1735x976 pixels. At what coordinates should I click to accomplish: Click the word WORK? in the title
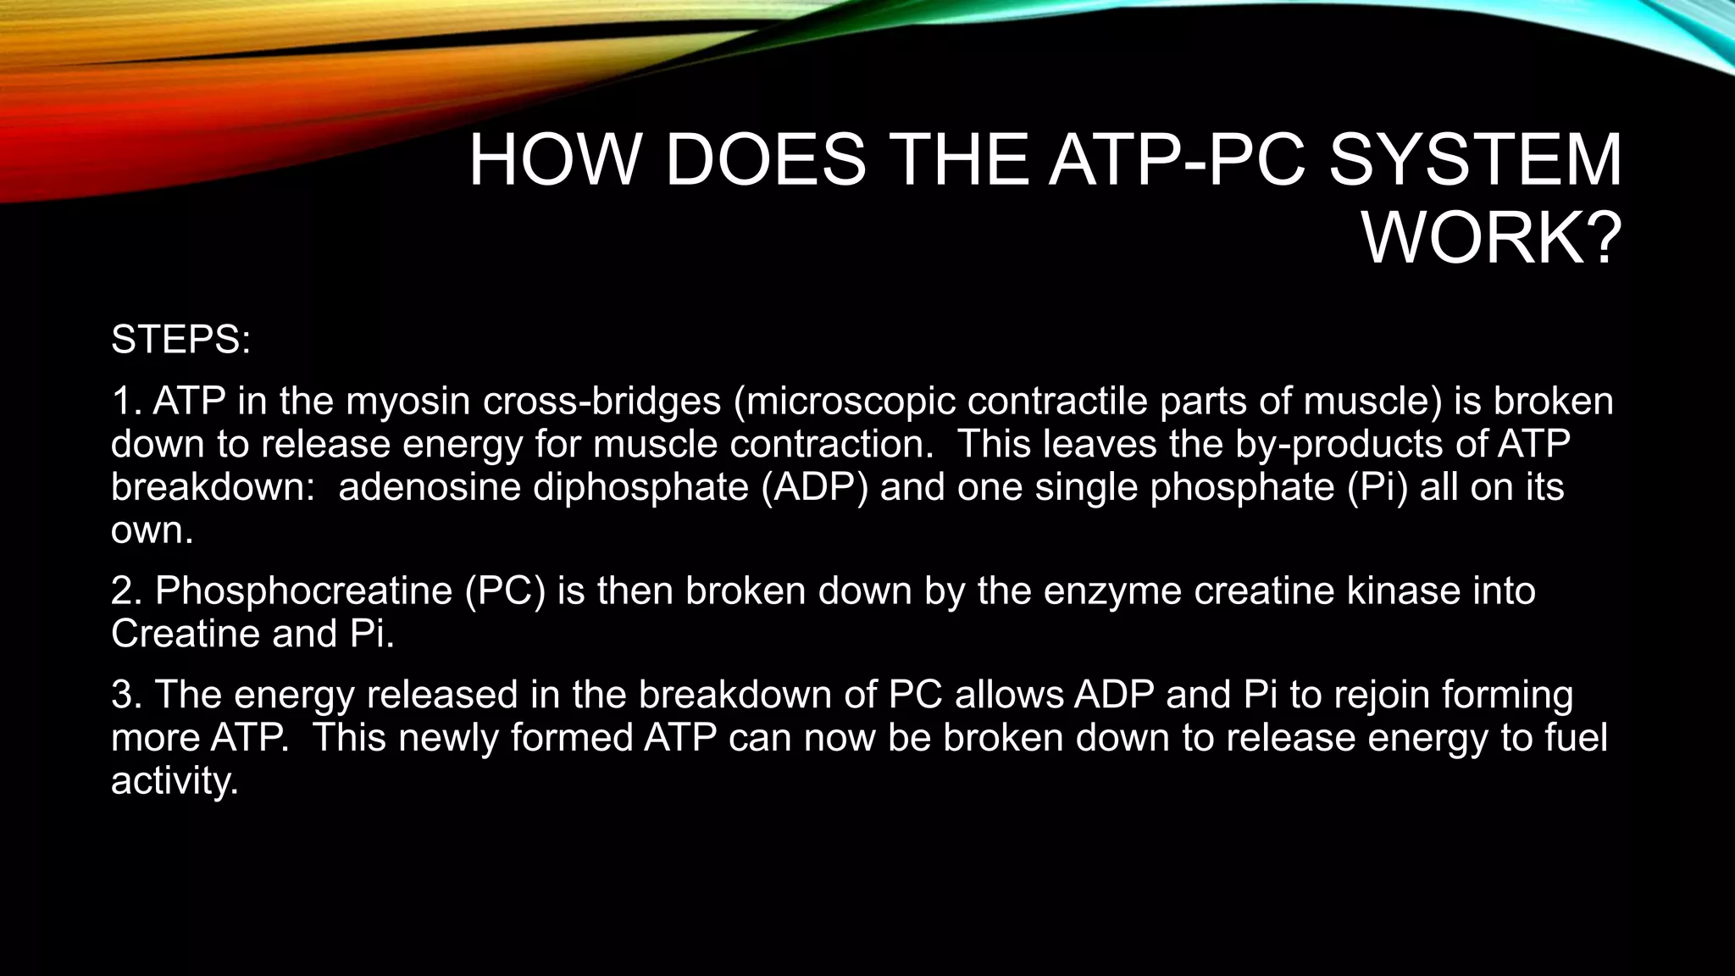(1492, 240)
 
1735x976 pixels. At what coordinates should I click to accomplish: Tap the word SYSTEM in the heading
(1475, 160)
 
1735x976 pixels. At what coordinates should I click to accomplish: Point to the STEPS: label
(180, 340)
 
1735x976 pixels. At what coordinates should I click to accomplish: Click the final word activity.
(175, 780)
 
